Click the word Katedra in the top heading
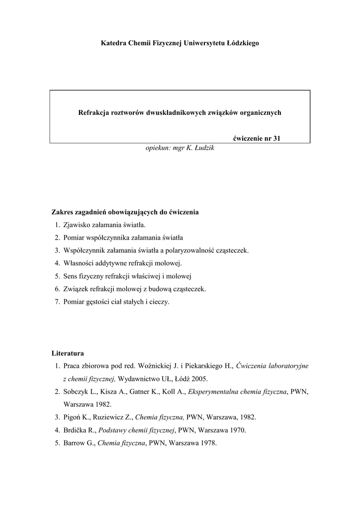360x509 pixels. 113,43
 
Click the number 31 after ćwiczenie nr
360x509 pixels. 277,139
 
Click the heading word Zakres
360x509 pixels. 63,212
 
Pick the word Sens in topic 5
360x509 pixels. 71,276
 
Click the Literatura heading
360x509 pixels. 68,353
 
